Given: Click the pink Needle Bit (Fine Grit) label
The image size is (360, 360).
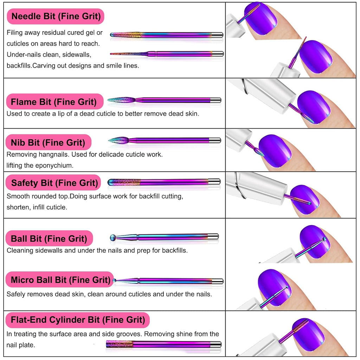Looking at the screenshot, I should click(x=56, y=16).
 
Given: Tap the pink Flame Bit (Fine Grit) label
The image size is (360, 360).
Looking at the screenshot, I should click(x=53, y=102).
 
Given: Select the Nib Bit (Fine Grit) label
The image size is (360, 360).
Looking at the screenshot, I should click(x=48, y=142).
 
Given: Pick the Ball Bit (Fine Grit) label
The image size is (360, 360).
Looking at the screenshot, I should click(x=49, y=239).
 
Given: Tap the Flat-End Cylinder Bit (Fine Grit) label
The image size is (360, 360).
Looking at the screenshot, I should click(x=78, y=320).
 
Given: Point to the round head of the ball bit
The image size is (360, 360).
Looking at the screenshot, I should click(x=112, y=238).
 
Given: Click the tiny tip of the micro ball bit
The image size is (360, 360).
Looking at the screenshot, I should click(x=114, y=281).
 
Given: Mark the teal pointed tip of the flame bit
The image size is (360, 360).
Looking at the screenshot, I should click(x=109, y=100).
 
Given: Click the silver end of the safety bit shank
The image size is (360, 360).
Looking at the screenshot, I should click(x=214, y=181).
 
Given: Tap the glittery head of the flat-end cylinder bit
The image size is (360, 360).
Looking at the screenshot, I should click(x=119, y=344).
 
